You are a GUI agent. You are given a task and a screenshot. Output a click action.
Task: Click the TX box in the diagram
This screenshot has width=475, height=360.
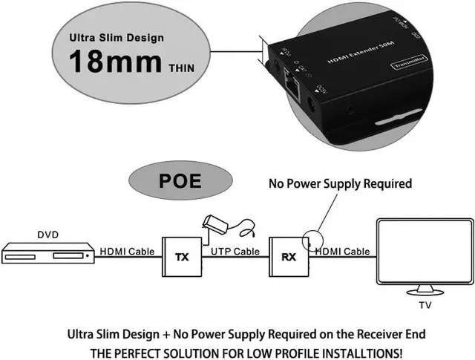pos(182,257)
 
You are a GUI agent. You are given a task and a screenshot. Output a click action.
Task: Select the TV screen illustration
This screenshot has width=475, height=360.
pos(424,252)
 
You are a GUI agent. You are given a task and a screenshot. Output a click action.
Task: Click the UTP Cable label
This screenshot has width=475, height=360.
pos(235,252)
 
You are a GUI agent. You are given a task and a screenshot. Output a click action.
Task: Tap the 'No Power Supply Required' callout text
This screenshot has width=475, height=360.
pos(340,183)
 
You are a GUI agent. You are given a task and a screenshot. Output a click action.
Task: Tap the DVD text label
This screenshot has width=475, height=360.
pos(47,235)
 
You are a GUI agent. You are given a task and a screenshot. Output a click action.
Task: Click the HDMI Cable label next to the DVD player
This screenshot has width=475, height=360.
pos(127,252)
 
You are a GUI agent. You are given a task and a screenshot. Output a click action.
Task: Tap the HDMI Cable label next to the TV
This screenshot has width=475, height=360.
pos(342,252)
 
